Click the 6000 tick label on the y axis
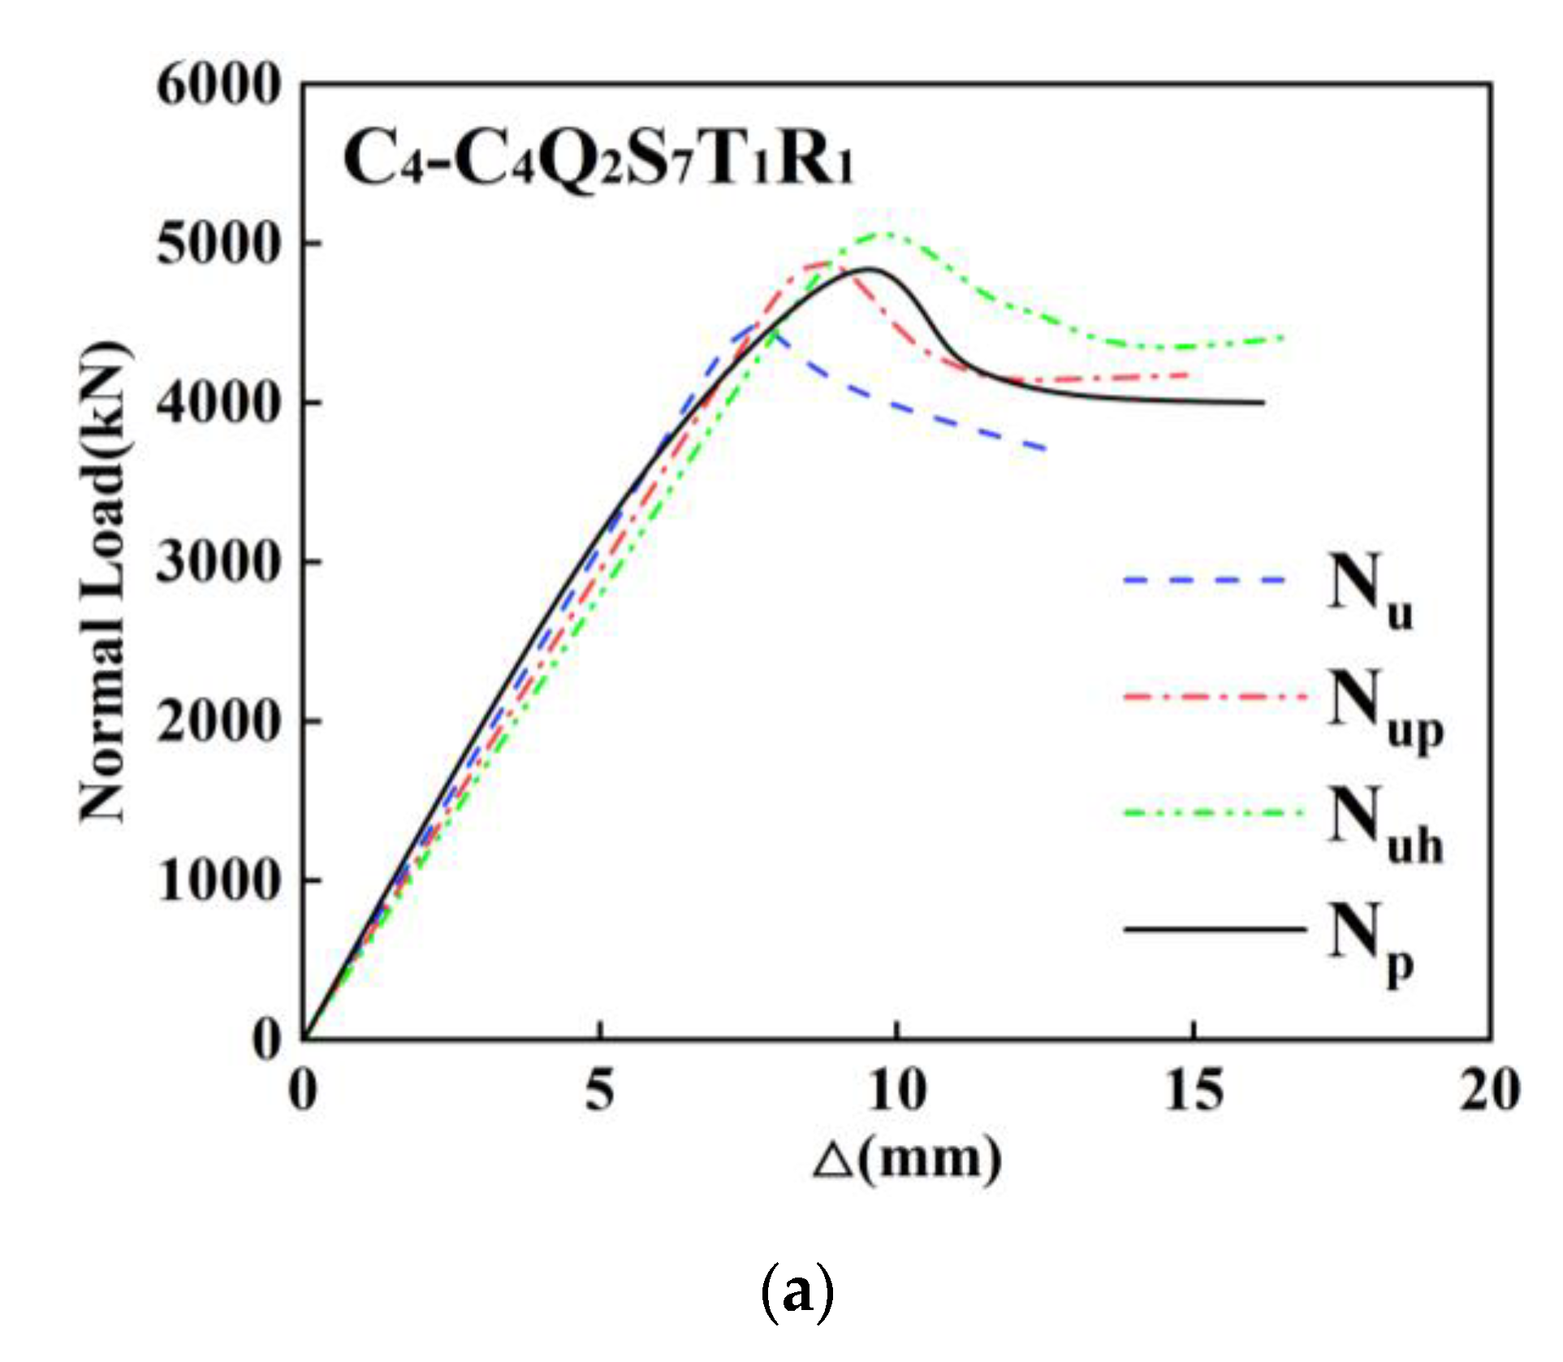point(218,85)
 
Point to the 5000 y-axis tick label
point(218,244)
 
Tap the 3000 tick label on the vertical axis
point(218,562)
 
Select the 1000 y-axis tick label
point(218,880)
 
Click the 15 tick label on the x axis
point(1193,1089)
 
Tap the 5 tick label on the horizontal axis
point(599,1089)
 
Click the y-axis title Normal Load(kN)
point(104,582)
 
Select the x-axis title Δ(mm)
point(907,1159)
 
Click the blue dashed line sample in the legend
point(1205,580)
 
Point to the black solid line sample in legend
point(1215,928)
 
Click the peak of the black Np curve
point(867,269)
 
